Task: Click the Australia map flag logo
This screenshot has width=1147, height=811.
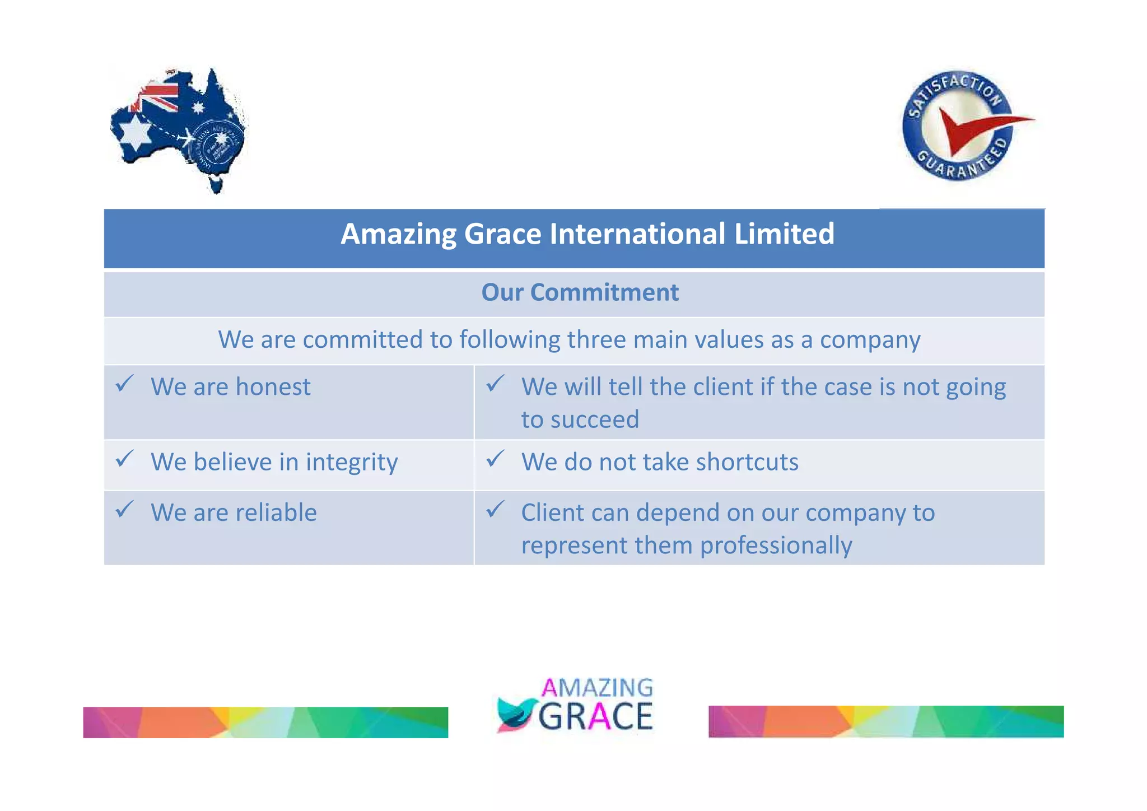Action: pos(178,130)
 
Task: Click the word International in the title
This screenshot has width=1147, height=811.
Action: pos(637,234)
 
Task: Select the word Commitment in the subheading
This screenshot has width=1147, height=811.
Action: pos(604,292)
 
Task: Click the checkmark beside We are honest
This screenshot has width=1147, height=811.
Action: pos(124,384)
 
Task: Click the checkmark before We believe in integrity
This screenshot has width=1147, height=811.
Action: pos(124,459)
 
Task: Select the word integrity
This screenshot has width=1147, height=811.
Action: pos(352,463)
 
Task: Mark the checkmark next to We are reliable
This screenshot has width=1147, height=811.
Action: pos(124,509)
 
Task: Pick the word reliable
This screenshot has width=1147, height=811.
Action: pos(276,513)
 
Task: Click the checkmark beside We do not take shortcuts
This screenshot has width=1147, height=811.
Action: pos(495,459)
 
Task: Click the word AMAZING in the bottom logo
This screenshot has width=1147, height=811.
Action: pos(597,688)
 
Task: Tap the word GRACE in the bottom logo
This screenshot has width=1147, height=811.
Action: pos(596,716)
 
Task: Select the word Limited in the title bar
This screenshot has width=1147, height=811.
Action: pos(784,234)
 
